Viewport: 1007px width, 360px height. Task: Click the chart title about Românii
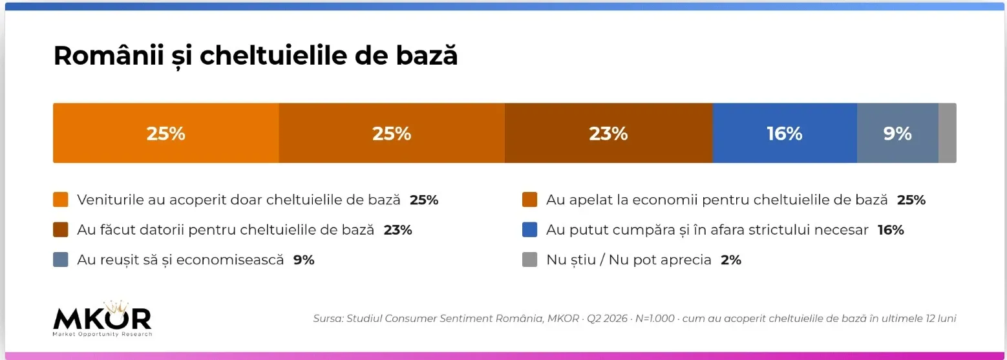[x=255, y=56]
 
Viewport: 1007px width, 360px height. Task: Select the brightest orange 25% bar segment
[x=166, y=133]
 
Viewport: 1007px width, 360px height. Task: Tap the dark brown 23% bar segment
[x=608, y=133]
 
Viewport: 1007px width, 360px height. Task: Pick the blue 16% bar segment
[x=785, y=133]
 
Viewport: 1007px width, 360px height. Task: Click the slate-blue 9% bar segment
[x=898, y=133]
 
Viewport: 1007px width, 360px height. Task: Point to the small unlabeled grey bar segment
[x=947, y=133]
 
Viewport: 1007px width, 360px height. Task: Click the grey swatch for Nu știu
[x=529, y=259]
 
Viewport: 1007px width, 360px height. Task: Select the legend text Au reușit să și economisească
[x=181, y=260]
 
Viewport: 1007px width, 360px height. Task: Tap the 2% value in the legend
[x=731, y=260]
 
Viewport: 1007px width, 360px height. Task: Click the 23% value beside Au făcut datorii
[x=398, y=229]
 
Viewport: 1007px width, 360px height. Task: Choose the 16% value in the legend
[x=891, y=229]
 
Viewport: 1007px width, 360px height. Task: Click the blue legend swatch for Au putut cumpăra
[x=529, y=229]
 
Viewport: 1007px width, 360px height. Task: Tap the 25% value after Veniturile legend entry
[x=424, y=200]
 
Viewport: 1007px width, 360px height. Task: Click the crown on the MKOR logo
[x=117, y=307]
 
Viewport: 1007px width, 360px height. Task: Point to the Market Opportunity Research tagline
[x=103, y=334]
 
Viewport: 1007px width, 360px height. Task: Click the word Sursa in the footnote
[x=328, y=318]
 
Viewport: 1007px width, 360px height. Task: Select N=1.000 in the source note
[x=655, y=318]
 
